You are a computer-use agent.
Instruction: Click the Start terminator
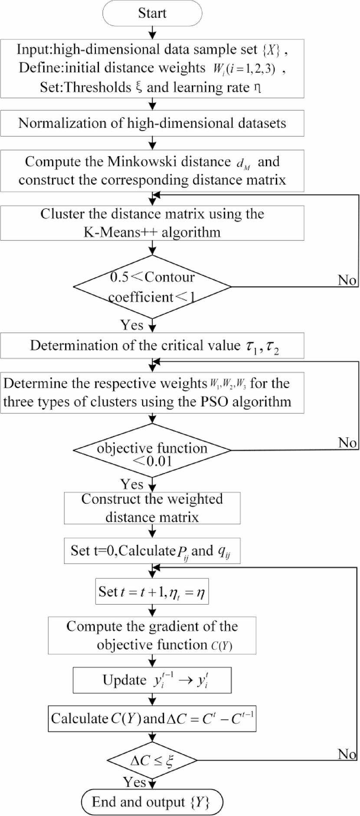152,13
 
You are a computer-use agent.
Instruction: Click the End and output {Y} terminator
152,802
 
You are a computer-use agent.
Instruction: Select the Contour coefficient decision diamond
152,287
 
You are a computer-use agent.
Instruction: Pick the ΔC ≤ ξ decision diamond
152,760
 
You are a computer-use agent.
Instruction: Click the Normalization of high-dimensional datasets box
152,123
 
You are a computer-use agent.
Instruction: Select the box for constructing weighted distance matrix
152,508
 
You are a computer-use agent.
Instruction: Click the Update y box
152,680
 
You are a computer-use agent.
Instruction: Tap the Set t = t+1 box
152,592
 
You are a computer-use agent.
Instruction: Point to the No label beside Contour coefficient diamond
347,280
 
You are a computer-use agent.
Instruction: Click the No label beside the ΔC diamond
347,754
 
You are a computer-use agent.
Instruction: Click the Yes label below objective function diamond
132,484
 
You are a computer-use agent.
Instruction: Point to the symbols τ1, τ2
262,347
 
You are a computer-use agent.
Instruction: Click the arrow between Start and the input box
152,32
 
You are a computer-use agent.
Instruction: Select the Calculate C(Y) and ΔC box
152,719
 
